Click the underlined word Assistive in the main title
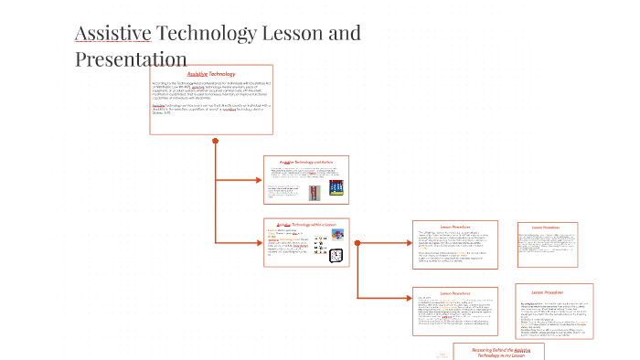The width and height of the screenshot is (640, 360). (112, 35)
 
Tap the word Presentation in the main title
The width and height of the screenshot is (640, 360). (131, 59)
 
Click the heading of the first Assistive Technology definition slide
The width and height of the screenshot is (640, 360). (210, 73)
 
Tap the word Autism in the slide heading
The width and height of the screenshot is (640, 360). (332, 162)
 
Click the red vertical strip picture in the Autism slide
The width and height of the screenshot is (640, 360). (314, 193)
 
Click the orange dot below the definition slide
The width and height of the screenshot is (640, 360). (215, 141)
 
